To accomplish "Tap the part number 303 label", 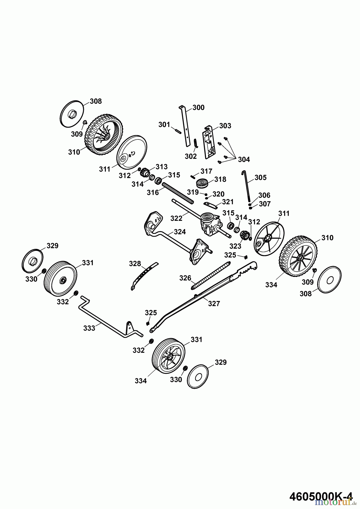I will tap(225, 126).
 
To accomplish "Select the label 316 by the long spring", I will tap(153, 193).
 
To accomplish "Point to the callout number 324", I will tap(180, 232).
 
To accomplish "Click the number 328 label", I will tap(135, 264).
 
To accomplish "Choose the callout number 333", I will tap(89, 328).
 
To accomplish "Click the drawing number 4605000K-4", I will tap(321, 496).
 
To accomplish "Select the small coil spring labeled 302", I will tap(195, 143).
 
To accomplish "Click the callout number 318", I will tap(220, 180).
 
